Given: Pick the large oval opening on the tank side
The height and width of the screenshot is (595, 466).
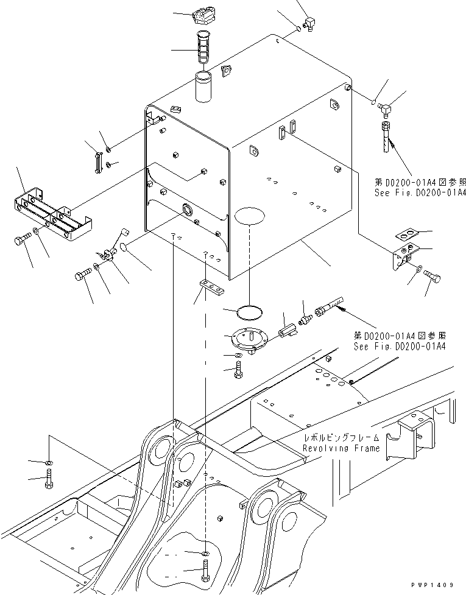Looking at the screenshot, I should click(x=249, y=216).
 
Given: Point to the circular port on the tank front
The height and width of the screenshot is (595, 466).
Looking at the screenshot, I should click(x=186, y=210).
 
